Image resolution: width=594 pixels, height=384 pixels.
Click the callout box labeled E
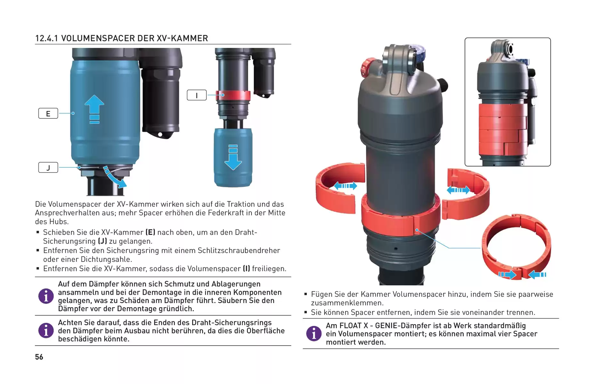[48, 113]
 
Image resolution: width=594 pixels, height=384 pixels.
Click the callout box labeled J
[48, 167]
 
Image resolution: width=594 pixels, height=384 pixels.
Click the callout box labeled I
[197, 95]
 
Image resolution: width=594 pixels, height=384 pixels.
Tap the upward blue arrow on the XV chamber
[94, 109]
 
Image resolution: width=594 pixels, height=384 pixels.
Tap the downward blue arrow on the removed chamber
[233, 157]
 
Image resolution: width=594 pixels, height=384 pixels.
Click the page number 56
[39, 357]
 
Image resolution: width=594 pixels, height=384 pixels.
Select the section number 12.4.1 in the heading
[47, 38]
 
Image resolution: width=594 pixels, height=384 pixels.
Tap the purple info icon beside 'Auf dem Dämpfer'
[46, 296]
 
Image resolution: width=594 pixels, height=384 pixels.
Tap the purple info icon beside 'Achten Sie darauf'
[46, 330]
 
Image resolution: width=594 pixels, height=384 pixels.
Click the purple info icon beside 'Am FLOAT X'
[314, 333]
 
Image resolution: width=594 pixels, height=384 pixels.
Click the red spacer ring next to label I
[233, 95]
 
